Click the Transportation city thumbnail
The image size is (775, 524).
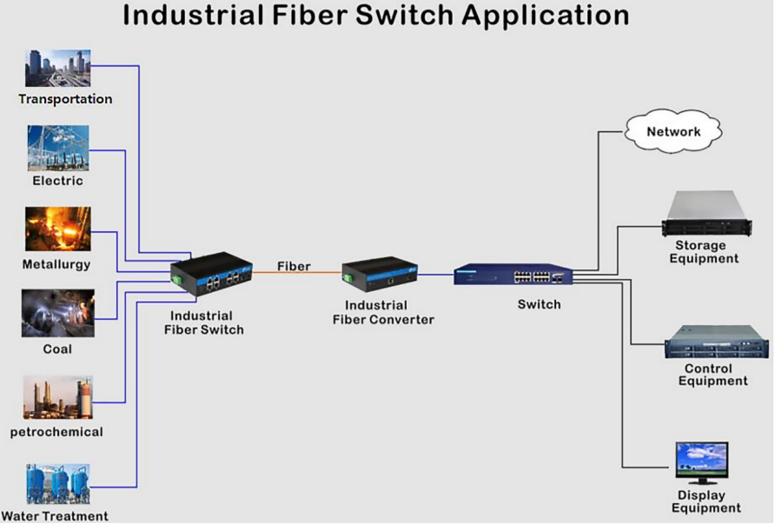click(x=58, y=68)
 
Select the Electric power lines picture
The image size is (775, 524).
click(x=57, y=148)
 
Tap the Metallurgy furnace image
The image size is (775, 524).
click(x=57, y=229)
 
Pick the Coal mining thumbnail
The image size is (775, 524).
click(x=57, y=313)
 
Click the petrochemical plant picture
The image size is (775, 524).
click(x=57, y=397)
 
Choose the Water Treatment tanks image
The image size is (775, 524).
click(x=57, y=484)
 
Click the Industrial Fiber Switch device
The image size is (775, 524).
click(x=211, y=272)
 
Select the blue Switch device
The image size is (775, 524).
click(x=513, y=275)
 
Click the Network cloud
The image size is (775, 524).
click(x=673, y=132)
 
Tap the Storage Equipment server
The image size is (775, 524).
click(x=706, y=214)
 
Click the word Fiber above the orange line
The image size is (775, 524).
click(x=294, y=266)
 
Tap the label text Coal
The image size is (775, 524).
click(x=57, y=349)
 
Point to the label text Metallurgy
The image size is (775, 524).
click(x=56, y=264)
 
